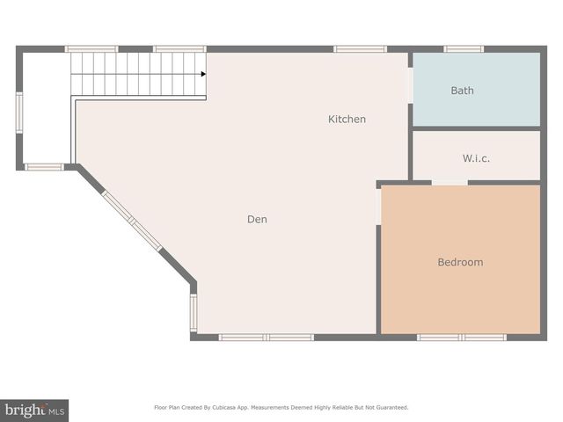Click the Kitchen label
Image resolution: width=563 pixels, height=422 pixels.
coord(347,119)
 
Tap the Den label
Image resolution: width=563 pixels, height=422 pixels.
coord(257,219)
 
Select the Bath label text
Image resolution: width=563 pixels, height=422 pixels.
coord(463,91)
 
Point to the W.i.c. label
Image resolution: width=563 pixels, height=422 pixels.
coord(476,158)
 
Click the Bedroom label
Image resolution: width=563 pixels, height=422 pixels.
coord(460,262)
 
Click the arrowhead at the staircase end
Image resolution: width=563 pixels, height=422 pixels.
coord(203,74)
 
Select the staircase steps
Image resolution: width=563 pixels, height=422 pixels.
coord(136,73)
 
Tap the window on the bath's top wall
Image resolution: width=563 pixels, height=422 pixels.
coord(464,49)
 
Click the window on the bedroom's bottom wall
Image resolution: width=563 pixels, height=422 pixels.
coord(461,337)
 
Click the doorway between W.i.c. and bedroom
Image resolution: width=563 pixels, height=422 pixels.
coord(450,183)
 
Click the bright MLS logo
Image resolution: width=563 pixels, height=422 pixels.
coord(34,410)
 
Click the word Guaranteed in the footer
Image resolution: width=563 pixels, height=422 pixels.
coord(388,407)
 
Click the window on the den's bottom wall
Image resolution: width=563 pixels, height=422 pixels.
coord(266,337)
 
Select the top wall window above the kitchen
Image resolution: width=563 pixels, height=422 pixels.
coord(360,49)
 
